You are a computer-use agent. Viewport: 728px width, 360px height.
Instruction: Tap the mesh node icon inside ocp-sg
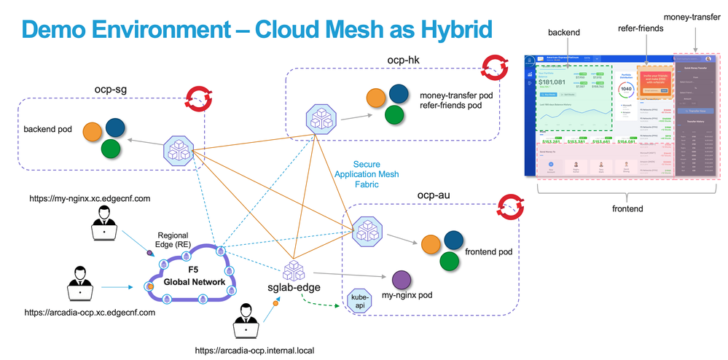click(179, 148)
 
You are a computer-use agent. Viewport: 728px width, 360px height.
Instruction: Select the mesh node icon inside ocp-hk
click(319, 117)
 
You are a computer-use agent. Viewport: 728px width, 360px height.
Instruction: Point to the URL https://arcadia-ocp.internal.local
click(254, 351)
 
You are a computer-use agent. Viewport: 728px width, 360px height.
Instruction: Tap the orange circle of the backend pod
click(92, 131)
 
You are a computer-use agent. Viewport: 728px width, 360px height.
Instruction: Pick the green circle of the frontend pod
click(450, 260)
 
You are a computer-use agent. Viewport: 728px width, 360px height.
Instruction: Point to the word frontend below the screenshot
click(627, 208)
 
